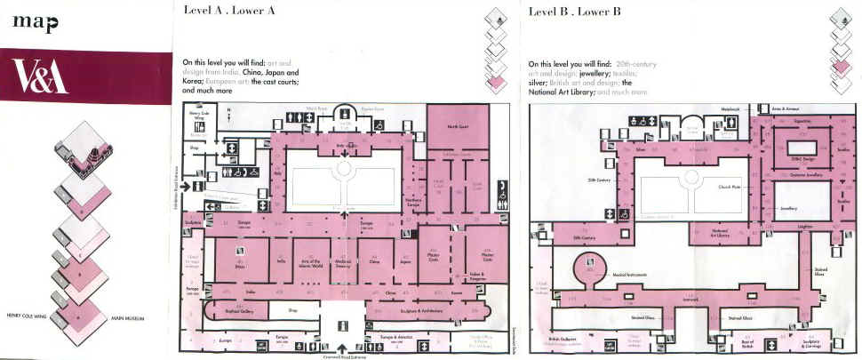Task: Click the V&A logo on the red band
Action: (x=42, y=77)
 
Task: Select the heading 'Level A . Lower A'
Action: (x=229, y=11)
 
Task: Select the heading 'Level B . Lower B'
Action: (x=573, y=11)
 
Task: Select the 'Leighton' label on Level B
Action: (x=805, y=227)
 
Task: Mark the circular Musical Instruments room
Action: (x=587, y=265)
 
